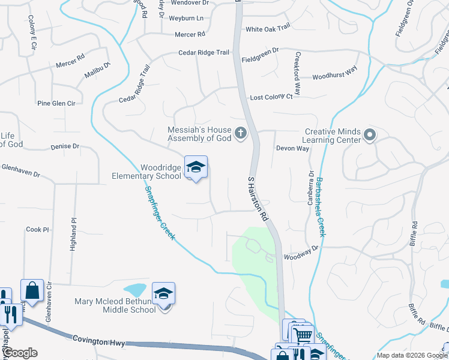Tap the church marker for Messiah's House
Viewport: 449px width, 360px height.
(x=241, y=133)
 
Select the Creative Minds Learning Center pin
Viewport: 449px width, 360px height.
(x=369, y=136)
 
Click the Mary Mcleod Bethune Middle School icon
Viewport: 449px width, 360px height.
(x=163, y=293)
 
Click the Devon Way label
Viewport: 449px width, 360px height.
(x=292, y=148)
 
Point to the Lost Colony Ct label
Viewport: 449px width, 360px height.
(x=271, y=97)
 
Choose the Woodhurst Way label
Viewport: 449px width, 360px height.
(x=334, y=77)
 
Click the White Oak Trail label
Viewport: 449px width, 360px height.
(x=268, y=28)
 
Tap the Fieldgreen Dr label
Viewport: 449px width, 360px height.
(x=261, y=60)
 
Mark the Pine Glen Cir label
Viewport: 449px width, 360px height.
(x=56, y=103)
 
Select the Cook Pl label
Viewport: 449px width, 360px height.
(x=37, y=230)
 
